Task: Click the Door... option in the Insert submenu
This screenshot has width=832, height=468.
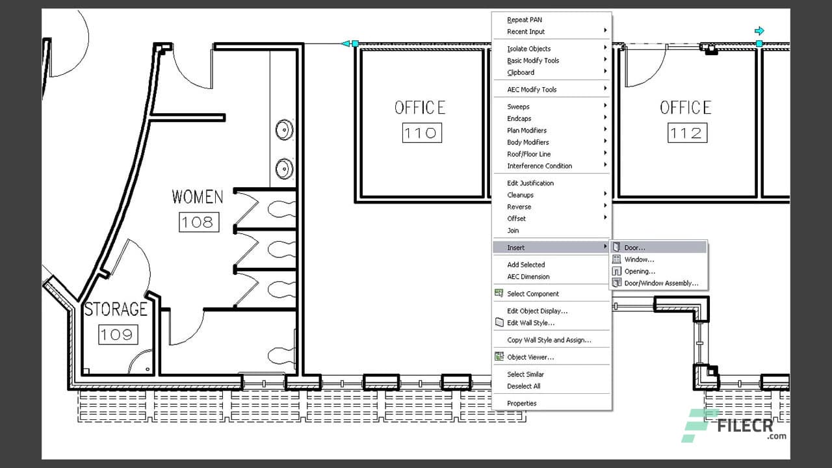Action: coord(635,248)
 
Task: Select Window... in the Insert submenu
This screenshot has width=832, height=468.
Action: coord(639,259)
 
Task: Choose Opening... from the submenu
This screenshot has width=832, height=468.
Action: coord(640,271)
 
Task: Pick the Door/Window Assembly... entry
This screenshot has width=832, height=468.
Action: coord(661,283)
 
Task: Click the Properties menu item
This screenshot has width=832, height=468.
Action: coord(522,403)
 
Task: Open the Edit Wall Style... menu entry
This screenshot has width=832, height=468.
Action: coord(530,322)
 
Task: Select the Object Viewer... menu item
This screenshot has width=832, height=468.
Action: coord(530,357)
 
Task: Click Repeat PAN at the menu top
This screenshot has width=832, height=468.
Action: coord(525,20)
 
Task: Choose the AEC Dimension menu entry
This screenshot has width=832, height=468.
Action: coord(528,276)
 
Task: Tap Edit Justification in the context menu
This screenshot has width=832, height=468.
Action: coord(530,183)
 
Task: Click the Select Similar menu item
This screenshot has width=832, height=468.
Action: coord(525,374)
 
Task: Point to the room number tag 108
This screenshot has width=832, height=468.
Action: coord(198,222)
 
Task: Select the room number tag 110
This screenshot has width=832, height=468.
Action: coord(421,133)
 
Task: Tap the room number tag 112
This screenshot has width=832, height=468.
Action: coord(686,133)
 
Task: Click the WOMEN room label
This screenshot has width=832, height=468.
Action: coord(198,197)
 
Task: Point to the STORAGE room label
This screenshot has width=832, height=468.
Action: coord(116,309)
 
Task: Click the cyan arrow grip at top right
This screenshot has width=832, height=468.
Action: coord(759,31)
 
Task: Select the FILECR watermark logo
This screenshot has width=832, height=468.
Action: coord(734,426)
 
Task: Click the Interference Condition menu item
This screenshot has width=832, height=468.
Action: coord(539,166)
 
